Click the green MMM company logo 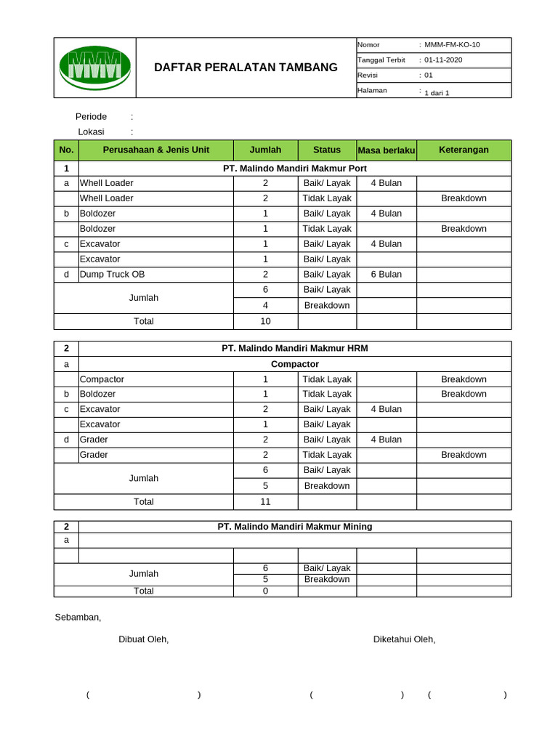point(94,67)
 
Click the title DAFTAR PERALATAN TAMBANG point(246,68)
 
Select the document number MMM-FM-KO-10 point(452,45)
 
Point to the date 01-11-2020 point(443,60)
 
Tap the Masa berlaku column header point(386,150)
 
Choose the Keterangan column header point(464,150)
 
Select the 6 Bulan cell point(386,275)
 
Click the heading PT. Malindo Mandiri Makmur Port point(294,169)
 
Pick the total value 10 point(265,321)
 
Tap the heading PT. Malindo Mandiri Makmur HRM point(294,349)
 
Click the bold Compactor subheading point(294,364)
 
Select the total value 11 point(265,501)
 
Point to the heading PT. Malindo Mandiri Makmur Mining point(294,527)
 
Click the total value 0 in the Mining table point(265,591)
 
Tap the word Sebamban point(78,618)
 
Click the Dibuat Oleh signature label point(143,639)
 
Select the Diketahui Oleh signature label point(404,639)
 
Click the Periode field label point(91,117)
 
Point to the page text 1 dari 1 point(437,93)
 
